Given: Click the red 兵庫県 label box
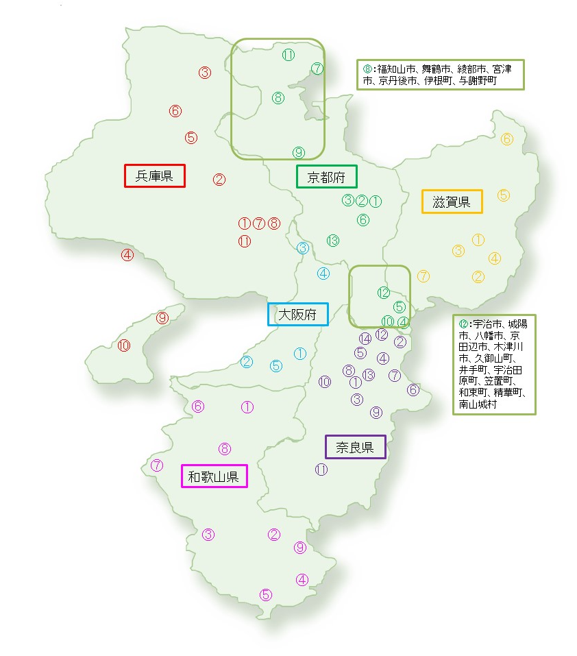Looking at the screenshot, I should [155, 175].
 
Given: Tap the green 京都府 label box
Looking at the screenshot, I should [326, 177].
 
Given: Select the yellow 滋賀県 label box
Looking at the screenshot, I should [452, 202].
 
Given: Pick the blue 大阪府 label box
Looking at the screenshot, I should [297, 315].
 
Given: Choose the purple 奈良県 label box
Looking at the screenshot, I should [355, 447].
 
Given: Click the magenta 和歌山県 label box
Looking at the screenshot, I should [214, 476].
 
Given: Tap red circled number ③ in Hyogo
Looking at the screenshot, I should [205, 72].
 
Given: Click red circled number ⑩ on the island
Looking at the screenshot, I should [124, 345].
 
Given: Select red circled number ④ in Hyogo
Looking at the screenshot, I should [127, 255].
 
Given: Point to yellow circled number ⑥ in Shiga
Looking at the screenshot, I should [507, 139].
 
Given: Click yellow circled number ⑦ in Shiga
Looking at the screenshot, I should [423, 276].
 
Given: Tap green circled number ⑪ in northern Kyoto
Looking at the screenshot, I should [288, 55].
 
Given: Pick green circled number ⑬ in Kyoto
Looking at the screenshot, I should [333, 241].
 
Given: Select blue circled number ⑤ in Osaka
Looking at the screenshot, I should [276, 365].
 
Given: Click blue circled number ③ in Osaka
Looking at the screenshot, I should [303, 248].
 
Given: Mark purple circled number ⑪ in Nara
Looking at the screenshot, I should [321, 470].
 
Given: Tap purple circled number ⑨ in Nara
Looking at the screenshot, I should [376, 412].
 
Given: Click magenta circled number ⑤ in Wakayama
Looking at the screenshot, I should [267, 594].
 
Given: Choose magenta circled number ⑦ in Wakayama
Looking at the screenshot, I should [157, 465].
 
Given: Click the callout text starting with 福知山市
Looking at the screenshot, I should [441, 75].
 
